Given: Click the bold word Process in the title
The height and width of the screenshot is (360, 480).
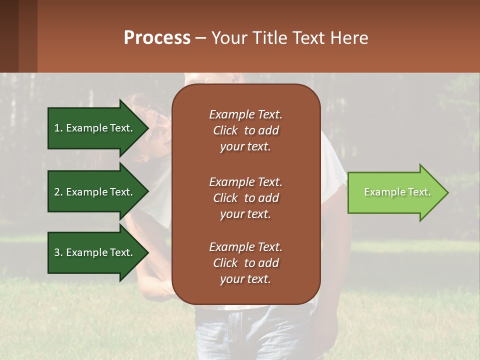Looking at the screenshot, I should [157, 38].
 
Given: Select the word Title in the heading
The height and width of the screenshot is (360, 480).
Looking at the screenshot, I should [267, 38].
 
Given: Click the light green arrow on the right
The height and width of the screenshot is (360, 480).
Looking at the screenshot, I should [395, 192].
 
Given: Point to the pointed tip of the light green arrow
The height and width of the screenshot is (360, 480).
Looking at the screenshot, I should [446, 192].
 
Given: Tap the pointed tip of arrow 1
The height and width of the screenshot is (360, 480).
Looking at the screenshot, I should [146, 128].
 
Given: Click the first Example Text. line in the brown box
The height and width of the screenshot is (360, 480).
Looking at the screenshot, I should [245, 114].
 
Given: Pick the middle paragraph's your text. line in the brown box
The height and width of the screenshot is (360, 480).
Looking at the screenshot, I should [245, 214].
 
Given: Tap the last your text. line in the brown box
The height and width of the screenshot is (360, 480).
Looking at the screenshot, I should [245, 279].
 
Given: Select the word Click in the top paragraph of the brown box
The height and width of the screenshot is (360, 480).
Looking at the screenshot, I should [225, 130].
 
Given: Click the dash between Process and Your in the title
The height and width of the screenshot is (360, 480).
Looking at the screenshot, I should [201, 38].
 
